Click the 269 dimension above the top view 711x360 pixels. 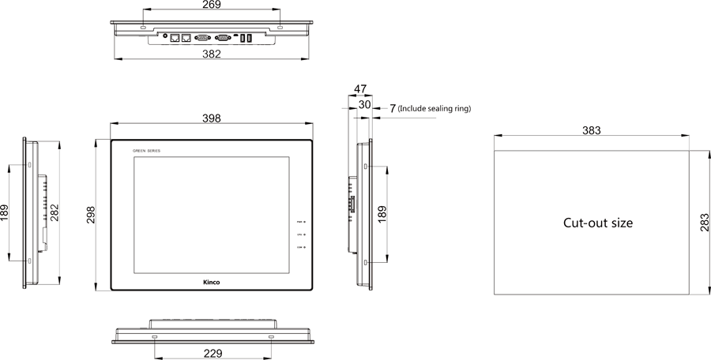pos(211,5)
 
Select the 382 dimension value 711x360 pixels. pos(211,54)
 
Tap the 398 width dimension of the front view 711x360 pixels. pos(211,118)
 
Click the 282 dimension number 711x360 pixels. pos(55,214)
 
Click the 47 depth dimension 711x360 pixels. pos(360,89)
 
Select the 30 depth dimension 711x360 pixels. pos(365,104)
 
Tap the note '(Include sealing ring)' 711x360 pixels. pos(434,108)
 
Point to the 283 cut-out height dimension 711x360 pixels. pos(704,223)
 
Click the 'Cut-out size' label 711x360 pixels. pos(598,223)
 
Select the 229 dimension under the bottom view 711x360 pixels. pos(212,353)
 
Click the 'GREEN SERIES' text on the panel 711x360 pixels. pos(145,150)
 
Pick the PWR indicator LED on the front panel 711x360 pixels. pos(304,223)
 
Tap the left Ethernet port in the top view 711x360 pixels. pos(175,36)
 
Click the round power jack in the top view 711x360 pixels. pos(164,36)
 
